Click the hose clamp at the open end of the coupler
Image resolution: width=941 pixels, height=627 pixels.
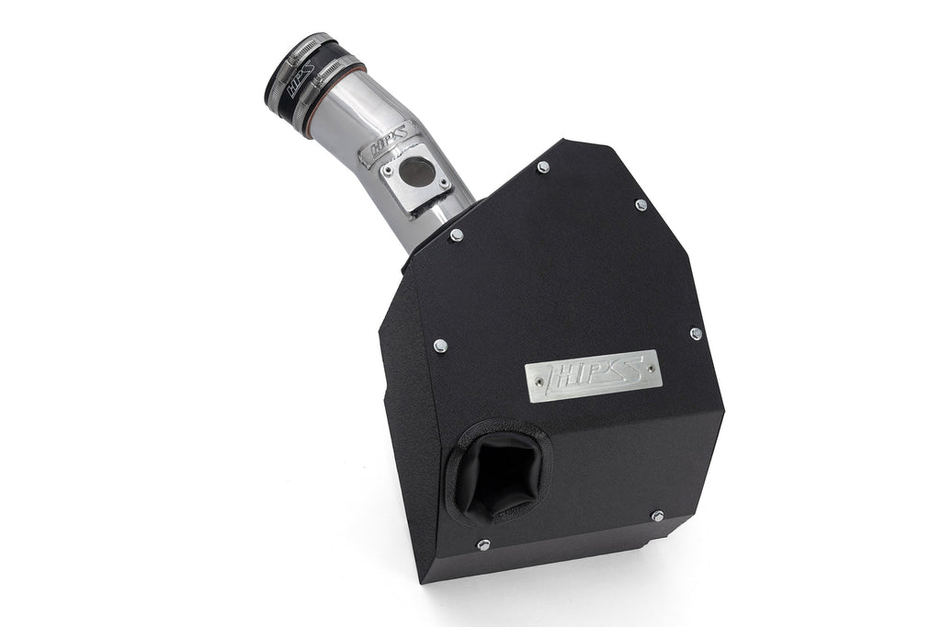[286, 58]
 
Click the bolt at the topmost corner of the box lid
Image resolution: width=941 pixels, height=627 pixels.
[543, 166]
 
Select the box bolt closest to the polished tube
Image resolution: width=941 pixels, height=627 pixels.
[456, 235]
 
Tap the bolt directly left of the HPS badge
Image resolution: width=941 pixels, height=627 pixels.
[440, 345]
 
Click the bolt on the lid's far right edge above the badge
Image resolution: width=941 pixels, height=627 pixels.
[695, 334]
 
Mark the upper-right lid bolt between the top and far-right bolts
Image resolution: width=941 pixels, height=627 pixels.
[641, 205]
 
